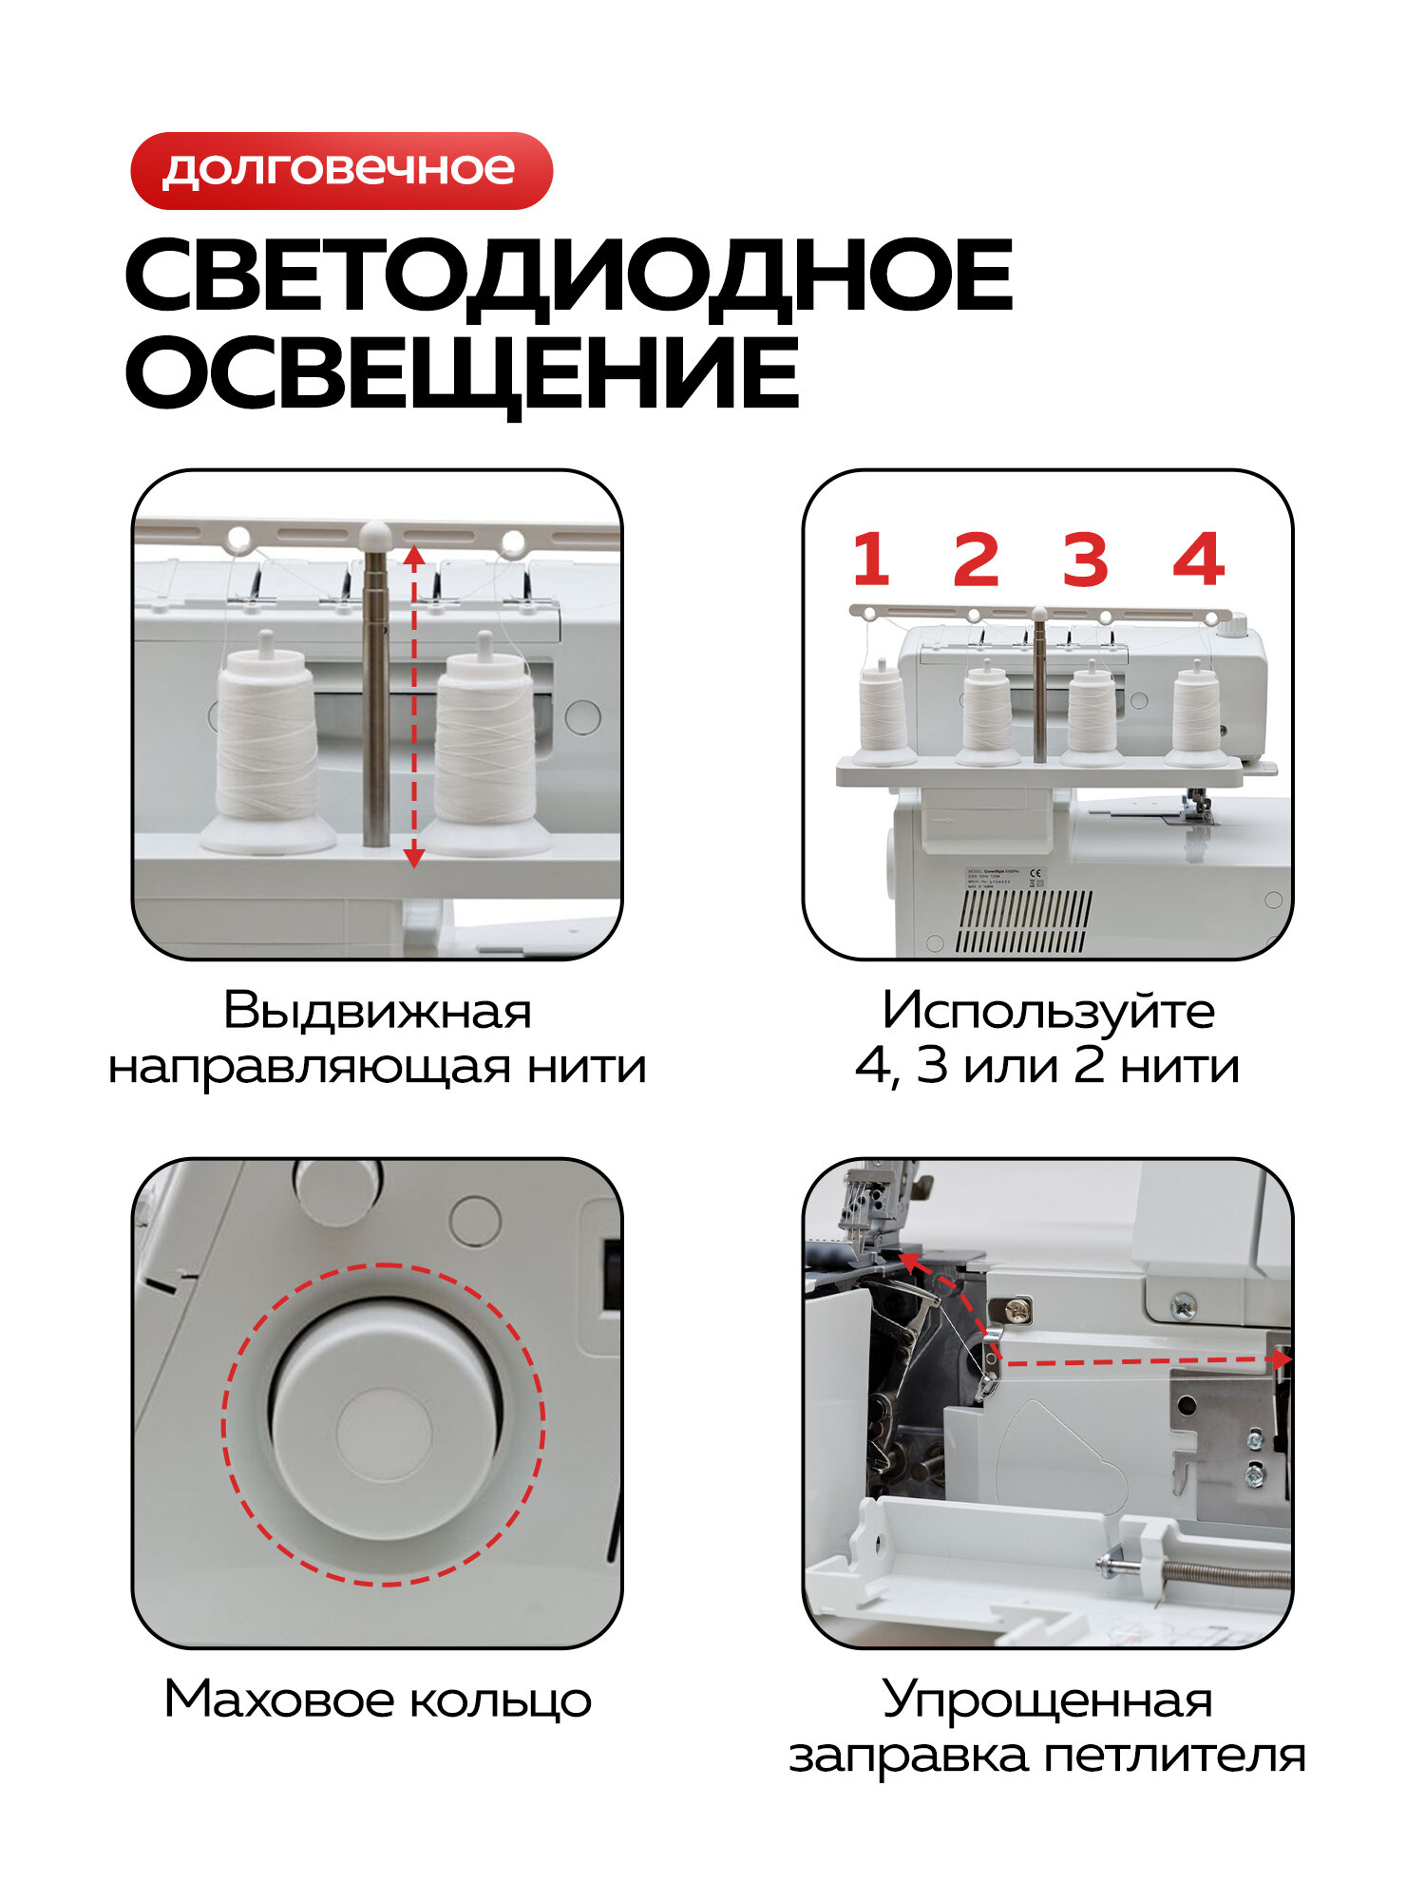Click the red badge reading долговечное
pos(341,171)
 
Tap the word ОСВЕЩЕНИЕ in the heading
pos(462,373)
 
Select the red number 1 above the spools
pos(870,560)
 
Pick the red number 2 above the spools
pos(977,560)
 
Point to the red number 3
pos(1085,560)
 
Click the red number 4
pos(1198,560)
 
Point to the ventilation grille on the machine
pos(1023,921)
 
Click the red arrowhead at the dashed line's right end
pos(1282,1359)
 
